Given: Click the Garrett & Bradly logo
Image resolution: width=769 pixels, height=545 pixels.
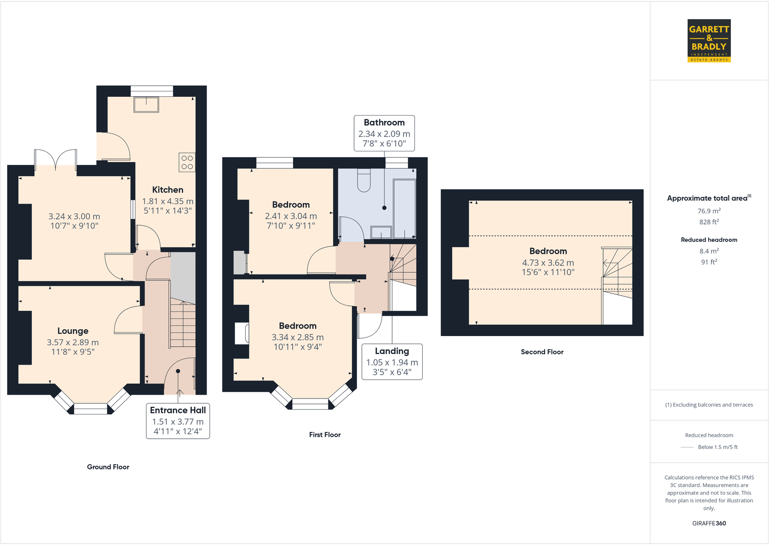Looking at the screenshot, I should point(709,41).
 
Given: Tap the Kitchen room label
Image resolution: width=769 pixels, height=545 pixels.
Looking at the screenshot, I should point(168,190).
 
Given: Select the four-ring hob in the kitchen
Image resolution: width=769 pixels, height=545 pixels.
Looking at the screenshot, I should point(187,162).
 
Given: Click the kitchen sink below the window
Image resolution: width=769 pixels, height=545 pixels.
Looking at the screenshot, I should point(146,104).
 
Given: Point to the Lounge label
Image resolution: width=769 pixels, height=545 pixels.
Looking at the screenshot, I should point(73,331).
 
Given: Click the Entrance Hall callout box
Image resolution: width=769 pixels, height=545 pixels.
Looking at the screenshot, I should point(178,421).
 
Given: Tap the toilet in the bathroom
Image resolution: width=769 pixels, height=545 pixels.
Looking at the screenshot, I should point(364,181).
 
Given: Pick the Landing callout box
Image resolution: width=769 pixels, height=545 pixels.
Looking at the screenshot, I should point(392,362).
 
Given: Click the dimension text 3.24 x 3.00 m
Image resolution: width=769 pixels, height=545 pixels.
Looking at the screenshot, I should point(74,217).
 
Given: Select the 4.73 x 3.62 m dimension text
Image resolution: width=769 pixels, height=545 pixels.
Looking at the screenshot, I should point(547,263).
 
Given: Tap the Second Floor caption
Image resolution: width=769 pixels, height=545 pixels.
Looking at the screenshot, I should point(542,352).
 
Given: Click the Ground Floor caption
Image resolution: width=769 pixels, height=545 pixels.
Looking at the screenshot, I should point(108,467).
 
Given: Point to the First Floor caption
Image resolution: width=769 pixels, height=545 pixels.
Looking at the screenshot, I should point(325,435).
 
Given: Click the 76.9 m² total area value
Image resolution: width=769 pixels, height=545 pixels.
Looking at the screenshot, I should point(709,211).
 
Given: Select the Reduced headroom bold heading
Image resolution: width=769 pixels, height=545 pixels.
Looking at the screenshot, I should point(709,240).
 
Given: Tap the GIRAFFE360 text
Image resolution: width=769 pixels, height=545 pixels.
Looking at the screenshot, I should point(709,523).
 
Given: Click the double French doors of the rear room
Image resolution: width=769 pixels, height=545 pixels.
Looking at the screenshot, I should point(56,160).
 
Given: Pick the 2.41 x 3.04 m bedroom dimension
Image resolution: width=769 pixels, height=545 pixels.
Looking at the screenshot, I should point(291,217).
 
